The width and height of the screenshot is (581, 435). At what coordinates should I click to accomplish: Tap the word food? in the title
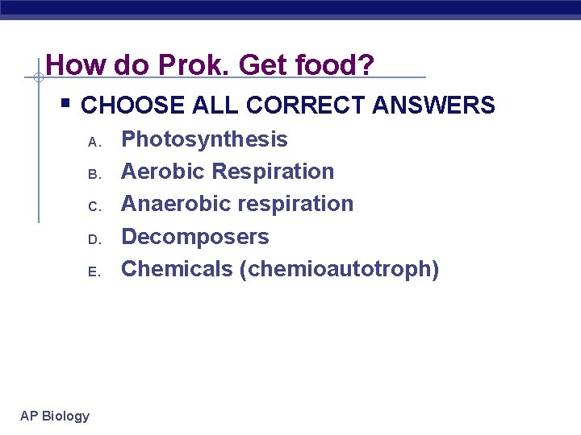click(x=339, y=64)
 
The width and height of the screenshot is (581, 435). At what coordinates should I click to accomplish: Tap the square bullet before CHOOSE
click(x=65, y=104)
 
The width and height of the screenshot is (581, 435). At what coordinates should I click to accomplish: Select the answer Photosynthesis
click(x=204, y=139)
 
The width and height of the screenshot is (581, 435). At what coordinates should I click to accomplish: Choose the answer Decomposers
click(x=194, y=237)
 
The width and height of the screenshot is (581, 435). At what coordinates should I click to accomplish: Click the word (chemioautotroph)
click(x=340, y=269)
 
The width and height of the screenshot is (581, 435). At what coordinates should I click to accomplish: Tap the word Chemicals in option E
click(x=177, y=269)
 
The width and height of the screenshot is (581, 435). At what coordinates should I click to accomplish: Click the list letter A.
click(x=93, y=143)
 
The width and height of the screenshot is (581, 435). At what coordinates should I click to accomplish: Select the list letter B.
click(x=93, y=175)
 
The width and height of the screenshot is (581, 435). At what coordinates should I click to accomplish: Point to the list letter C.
click(x=93, y=207)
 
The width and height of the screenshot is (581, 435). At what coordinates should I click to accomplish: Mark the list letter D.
click(x=93, y=239)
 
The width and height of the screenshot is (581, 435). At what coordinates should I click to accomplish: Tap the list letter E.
click(x=93, y=271)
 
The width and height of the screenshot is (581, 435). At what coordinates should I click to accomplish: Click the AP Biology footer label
click(x=55, y=416)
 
